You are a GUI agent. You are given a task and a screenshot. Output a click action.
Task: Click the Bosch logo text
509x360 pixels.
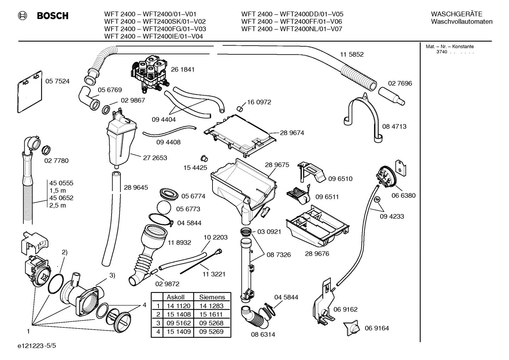(x=53, y=16)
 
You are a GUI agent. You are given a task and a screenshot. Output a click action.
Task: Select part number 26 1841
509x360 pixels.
(x=182, y=70)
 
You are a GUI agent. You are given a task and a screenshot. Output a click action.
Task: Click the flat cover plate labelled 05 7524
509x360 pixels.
(x=29, y=92)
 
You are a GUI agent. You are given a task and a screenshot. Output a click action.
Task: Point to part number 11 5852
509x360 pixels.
(x=352, y=54)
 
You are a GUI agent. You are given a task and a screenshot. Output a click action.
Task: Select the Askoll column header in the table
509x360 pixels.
(x=175, y=297)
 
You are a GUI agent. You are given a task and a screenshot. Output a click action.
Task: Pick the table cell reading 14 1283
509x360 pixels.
(x=211, y=306)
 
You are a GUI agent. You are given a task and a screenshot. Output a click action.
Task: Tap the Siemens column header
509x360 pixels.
(x=212, y=297)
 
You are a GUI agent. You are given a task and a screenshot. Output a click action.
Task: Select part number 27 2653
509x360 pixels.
(x=155, y=158)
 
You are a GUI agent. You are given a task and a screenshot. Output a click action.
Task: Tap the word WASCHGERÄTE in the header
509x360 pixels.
(x=456, y=14)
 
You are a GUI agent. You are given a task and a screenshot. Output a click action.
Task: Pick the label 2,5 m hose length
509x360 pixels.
(x=58, y=205)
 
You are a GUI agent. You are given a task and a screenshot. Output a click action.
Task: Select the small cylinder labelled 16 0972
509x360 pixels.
(x=239, y=107)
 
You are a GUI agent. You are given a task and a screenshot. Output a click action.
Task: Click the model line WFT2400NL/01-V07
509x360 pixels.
(x=292, y=29)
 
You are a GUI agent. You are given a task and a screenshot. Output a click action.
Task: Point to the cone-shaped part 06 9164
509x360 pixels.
(x=352, y=328)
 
